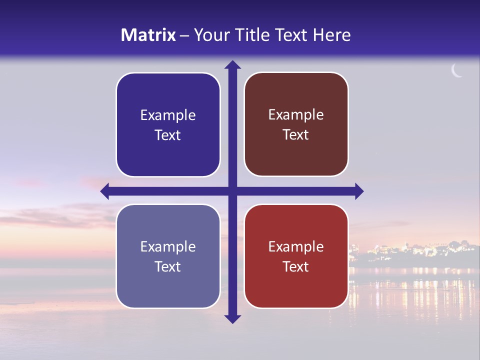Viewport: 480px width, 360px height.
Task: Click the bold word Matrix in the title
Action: pyautogui.click(x=148, y=35)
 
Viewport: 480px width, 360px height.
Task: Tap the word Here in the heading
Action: pyautogui.click(x=331, y=35)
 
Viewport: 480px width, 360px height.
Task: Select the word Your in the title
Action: pyautogui.click(x=209, y=35)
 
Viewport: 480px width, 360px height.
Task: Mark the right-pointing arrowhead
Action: pyautogui.click(x=359, y=191)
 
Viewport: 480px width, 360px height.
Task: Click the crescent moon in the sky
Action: pyautogui.click(x=456, y=71)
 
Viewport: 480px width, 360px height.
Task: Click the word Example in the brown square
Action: pyautogui.click(x=296, y=115)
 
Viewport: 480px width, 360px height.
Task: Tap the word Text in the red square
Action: pyautogui.click(x=296, y=266)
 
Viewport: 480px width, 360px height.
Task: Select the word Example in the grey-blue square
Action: pyautogui.click(x=168, y=246)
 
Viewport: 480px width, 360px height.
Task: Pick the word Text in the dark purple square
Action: pyautogui.click(x=168, y=135)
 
